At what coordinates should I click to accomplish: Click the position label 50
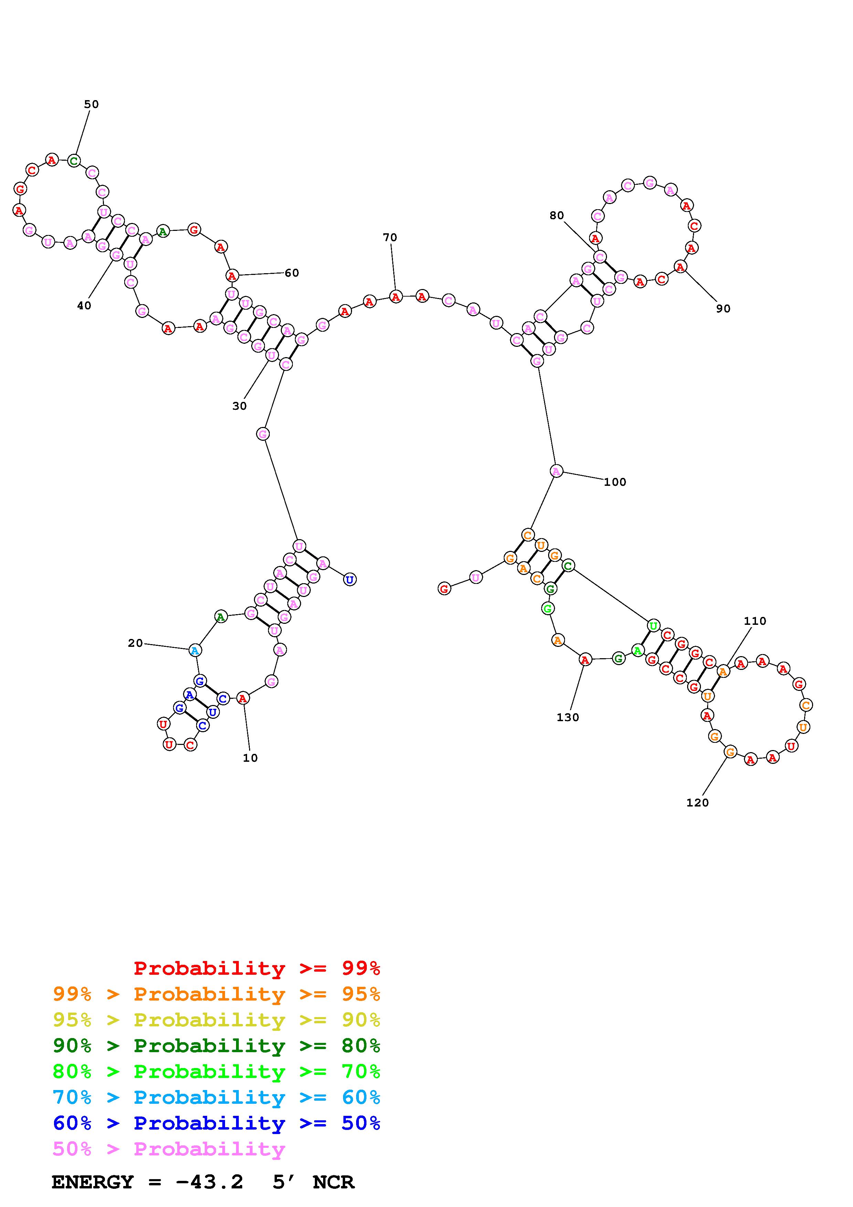(x=92, y=104)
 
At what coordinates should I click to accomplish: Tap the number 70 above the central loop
(x=390, y=238)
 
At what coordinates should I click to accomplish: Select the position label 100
(x=615, y=482)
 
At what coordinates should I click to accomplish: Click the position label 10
(x=250, y=758)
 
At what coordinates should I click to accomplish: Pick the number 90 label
(x=723, y=309)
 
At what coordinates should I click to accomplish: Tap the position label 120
(x=697, y=803)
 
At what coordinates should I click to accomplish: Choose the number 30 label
(x=239, y=406)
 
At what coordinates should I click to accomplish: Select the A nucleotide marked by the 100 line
(x=556, y=471)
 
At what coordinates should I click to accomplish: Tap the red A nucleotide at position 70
(x=395, y=297)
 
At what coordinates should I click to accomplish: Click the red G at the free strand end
(x=444, y=589)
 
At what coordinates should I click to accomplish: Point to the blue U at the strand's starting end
(x=350, y=579)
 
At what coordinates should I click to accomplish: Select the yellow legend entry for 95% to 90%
(x=216, y=1019)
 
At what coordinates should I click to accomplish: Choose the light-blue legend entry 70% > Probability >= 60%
(x=216, y=1097)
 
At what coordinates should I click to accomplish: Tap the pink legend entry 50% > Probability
(x=169, y=1149)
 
